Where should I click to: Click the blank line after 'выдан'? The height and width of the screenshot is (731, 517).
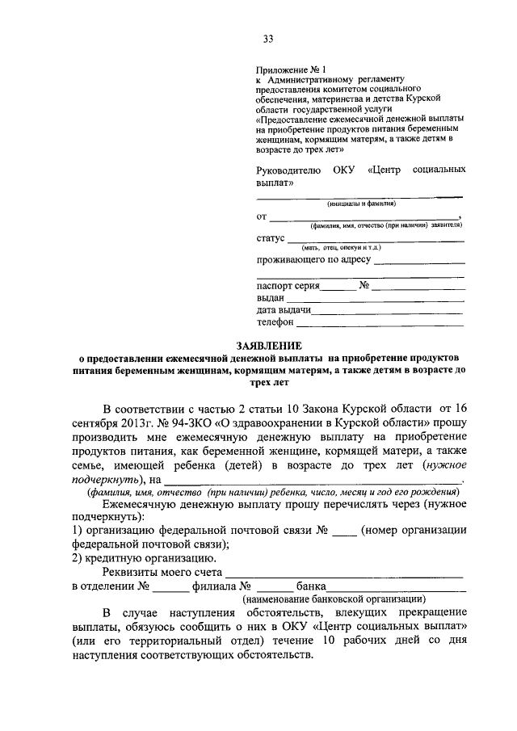(x=375, y=299)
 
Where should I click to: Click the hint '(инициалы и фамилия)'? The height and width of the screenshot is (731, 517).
(x=360, y=204)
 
